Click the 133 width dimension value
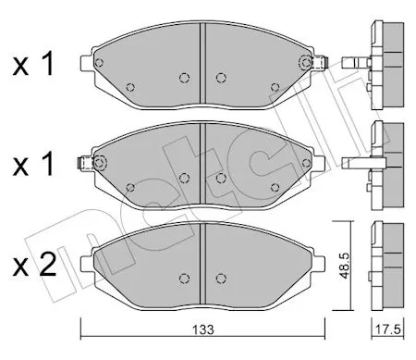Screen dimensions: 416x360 point(203,329)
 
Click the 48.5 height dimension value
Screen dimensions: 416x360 point(345,266)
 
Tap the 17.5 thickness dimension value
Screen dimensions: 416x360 point(388,329)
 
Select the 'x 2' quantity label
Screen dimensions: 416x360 point(34,265)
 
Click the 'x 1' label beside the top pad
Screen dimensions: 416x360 point(33,64)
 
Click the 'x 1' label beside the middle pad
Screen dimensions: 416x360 point(33,164)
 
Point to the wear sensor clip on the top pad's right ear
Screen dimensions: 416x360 point(321,63)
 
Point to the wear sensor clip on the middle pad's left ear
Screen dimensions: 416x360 point(84,163)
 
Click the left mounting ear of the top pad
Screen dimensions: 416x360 point(86,63)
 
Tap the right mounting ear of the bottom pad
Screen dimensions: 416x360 point(319,264)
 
